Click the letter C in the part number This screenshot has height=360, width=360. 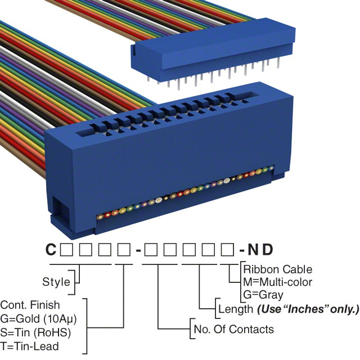click(x=50, y=249)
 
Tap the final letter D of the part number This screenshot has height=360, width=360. click(x=271, y=249)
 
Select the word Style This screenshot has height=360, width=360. click(x=56, y=282)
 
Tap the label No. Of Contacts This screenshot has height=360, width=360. click(x=233, y=329)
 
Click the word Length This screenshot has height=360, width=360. click(x=235, y=309)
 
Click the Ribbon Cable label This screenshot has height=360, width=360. click(x=278, y=269)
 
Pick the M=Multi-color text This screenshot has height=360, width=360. click(x=278, y=282)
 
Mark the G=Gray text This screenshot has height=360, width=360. click(x=263, y=294)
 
